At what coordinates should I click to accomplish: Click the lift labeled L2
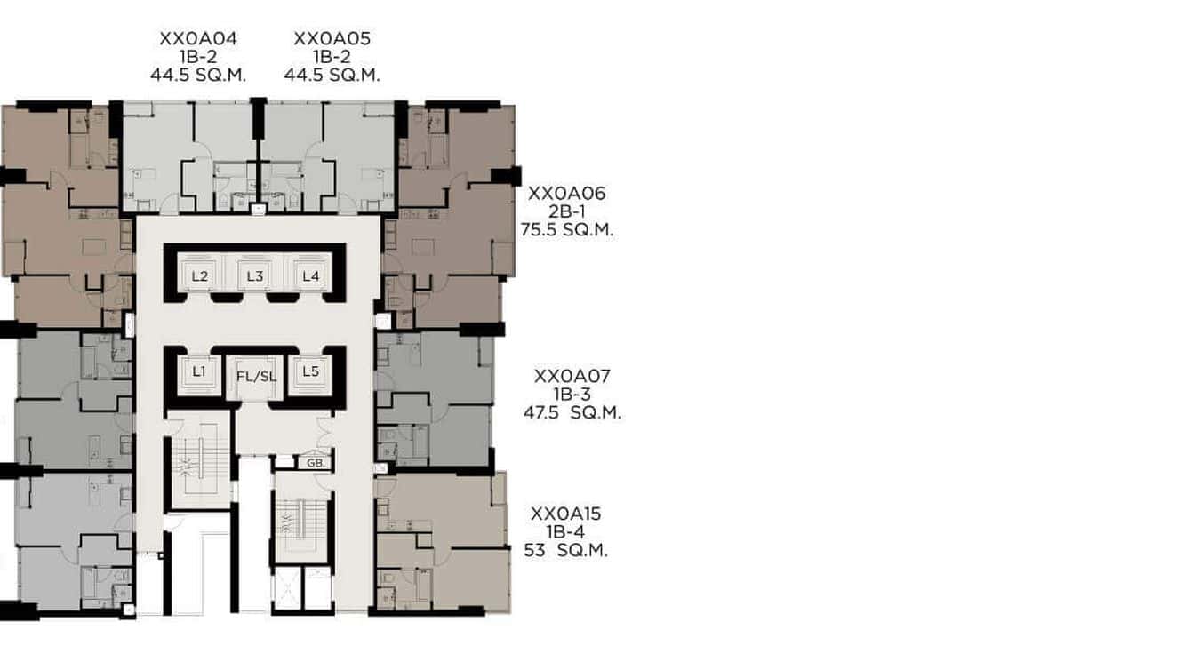pos(200,276)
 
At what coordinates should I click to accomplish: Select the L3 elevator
pos(255,276)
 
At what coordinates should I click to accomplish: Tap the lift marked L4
pos(310,276)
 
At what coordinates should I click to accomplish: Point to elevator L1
pos(199,371)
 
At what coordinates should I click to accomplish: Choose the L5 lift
pos(310,371)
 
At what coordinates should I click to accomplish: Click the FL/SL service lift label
pos(256,377)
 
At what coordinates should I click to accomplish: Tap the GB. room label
pos(315,463)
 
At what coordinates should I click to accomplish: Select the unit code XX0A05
pos(332,39)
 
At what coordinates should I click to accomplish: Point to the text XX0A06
pos(566,194)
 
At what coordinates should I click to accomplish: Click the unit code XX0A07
pos(572,377)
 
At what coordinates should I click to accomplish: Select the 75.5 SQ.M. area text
pos(567,230)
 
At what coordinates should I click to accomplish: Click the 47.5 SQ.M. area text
pos(572,413)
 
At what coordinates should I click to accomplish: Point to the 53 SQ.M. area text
pos(566,551)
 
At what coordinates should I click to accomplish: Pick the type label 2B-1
pos(566,212)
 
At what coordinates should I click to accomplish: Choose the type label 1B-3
pos(572,395)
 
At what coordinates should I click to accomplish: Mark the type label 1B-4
pos(566,533)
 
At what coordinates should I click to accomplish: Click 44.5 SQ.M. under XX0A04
pos(198,76)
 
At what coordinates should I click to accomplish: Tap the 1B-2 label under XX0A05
pos(332,58)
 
